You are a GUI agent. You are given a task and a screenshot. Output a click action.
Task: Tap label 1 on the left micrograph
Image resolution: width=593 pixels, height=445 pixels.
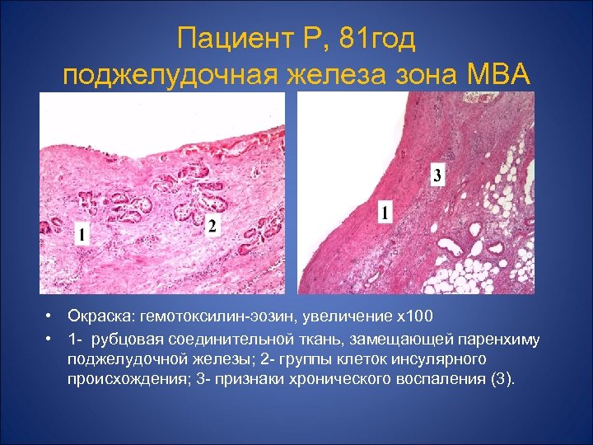point(82,235)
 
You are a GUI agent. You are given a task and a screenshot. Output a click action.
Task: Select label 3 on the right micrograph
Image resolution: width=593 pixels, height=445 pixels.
point(437,175)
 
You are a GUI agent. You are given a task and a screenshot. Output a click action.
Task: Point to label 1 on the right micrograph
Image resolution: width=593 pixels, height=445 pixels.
point(384,213)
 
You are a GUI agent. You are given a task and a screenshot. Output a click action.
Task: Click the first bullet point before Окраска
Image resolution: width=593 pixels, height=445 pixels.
point(50,317)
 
